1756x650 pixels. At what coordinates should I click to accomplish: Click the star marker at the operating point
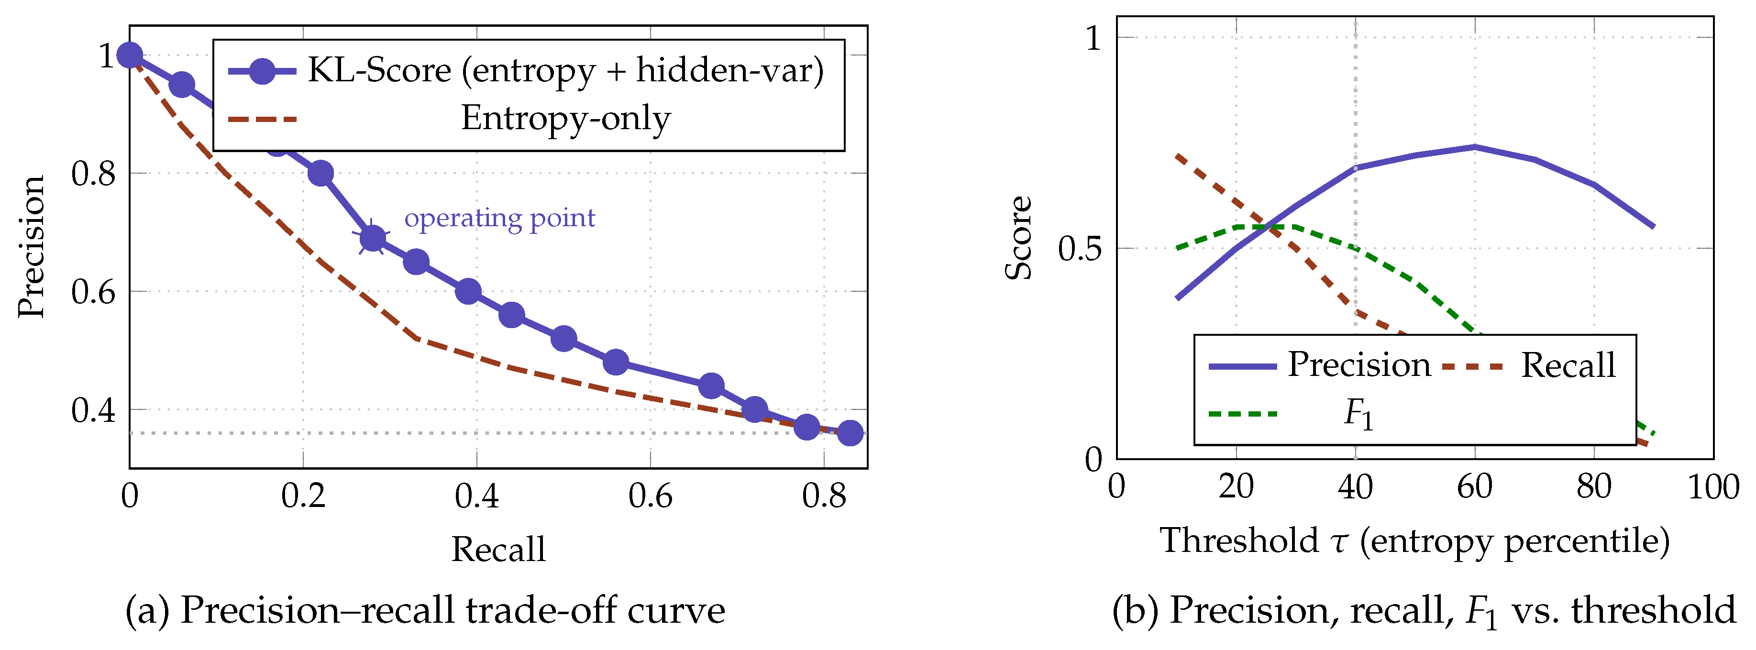372,238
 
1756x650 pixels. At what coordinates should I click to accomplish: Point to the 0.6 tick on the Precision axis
93,292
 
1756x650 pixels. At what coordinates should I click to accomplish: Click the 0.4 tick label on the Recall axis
476,496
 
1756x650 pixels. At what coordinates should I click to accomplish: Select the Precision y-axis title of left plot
32,247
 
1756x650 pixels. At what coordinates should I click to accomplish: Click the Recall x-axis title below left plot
498,549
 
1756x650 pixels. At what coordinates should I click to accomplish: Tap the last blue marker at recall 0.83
850,432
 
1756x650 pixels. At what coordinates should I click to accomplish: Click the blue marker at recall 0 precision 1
130,55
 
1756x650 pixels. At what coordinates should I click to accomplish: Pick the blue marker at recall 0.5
563,338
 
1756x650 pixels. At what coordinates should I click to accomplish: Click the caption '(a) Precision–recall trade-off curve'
425,610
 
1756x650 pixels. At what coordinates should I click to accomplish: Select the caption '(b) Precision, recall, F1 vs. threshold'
1424,610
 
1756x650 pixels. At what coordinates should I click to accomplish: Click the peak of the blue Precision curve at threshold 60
1474,146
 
